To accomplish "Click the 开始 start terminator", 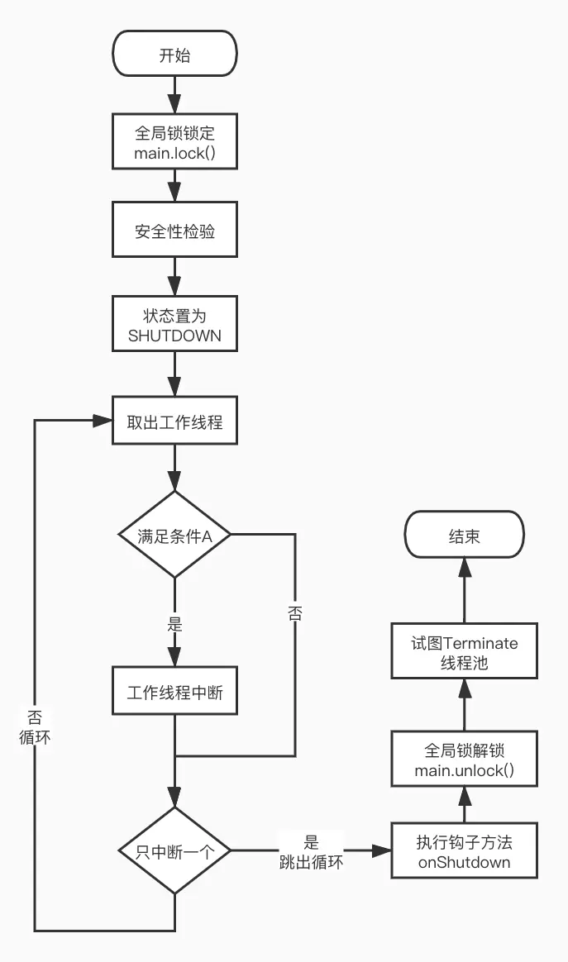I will (174, 55).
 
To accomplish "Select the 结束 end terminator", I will (464, 536).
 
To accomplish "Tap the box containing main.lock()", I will (174, 142).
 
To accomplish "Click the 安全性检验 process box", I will (174, 231).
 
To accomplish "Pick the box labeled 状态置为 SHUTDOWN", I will (174, 326).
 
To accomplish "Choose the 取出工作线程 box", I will (174, 421).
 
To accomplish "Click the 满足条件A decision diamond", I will (174, 536).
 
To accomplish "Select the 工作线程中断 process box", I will (174, 693).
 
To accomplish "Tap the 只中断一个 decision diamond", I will (174, 850).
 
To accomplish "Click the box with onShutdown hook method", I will (464, 850).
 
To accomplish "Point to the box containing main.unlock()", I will (464, 760).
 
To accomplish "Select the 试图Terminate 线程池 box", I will (464, 653).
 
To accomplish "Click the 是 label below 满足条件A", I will (174, 625).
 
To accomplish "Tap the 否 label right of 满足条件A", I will (294, 612).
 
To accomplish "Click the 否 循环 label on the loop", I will (35, 726).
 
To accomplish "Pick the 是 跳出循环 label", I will (311, 852).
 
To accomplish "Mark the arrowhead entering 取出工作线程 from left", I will (103, 421).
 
